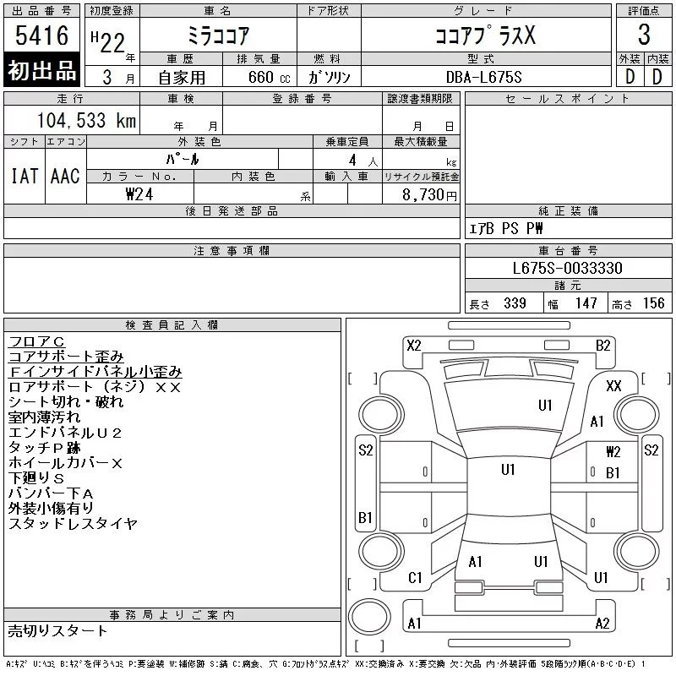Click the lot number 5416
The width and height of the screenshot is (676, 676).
pos(41,35)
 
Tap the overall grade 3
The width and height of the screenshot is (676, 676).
pos(644,35)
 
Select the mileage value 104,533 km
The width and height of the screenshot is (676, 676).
pos(86,120)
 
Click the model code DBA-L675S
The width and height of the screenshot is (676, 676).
pos(483,77)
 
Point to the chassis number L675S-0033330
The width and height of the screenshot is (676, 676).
pos(567,268)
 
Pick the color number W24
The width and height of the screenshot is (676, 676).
pos(139,194)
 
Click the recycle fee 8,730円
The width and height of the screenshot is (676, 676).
pos(429,195)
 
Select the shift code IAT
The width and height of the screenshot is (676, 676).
pos(25,176)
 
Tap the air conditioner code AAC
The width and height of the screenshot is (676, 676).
pos(65,176)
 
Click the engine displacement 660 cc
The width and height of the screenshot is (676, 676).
pos(269,77)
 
